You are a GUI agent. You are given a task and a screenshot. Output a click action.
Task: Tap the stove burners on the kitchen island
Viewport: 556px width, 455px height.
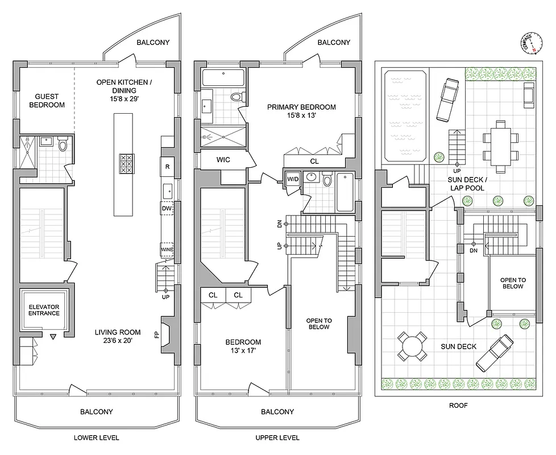click(126, 164)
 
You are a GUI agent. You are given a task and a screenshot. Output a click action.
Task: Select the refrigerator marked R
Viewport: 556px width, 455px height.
click(167, 167)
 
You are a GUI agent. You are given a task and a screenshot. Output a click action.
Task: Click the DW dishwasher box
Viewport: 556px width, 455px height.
click(167, 209)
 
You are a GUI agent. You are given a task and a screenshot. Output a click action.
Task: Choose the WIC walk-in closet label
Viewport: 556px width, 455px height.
click(223, 160)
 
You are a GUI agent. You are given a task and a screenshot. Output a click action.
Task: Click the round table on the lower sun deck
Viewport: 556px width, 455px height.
click(410, 346)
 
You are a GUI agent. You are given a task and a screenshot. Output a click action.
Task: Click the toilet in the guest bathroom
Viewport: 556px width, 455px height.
click(63, 146)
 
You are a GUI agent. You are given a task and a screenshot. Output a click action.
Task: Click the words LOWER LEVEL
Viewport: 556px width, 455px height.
click(96, 437)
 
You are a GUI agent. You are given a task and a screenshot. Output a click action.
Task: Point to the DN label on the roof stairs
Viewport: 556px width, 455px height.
click(474, 250)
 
